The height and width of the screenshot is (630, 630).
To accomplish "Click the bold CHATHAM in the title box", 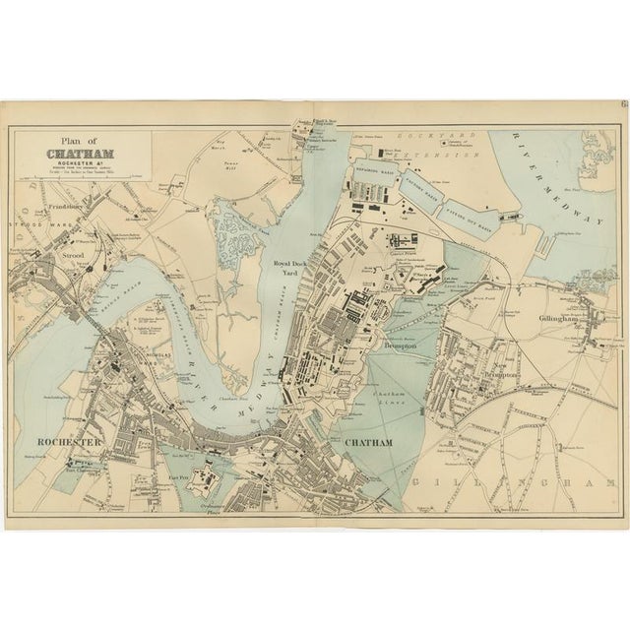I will click(80, 153).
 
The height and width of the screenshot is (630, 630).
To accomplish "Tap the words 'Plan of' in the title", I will click(66, 140).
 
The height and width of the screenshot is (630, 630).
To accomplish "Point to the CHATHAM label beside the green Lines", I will click(369, 443).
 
